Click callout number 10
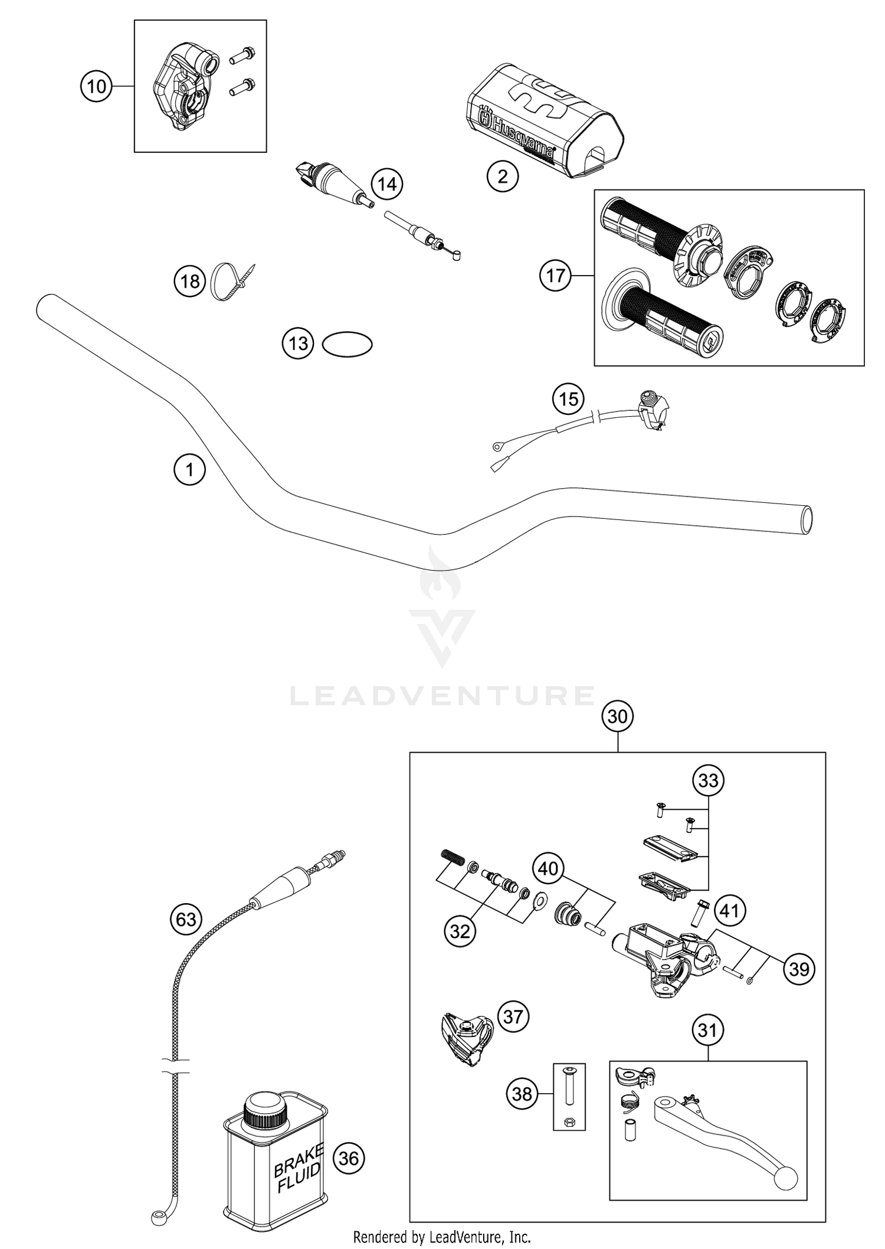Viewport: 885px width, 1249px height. point(96,87)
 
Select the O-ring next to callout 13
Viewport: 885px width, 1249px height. point(348,344)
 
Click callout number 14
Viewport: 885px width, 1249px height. point(387,185)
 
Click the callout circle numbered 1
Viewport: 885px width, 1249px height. point(189,470)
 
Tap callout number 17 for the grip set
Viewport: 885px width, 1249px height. point(555,276)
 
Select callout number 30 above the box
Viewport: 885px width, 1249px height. point(617,717)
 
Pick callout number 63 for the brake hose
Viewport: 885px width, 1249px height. point(186,919)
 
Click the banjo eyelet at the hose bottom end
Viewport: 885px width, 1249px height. point(157,1216)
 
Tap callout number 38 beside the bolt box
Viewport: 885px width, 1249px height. point(522,1094)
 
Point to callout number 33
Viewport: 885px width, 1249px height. point(708,780)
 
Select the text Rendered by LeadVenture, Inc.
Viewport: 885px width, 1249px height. point(442,1235)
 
